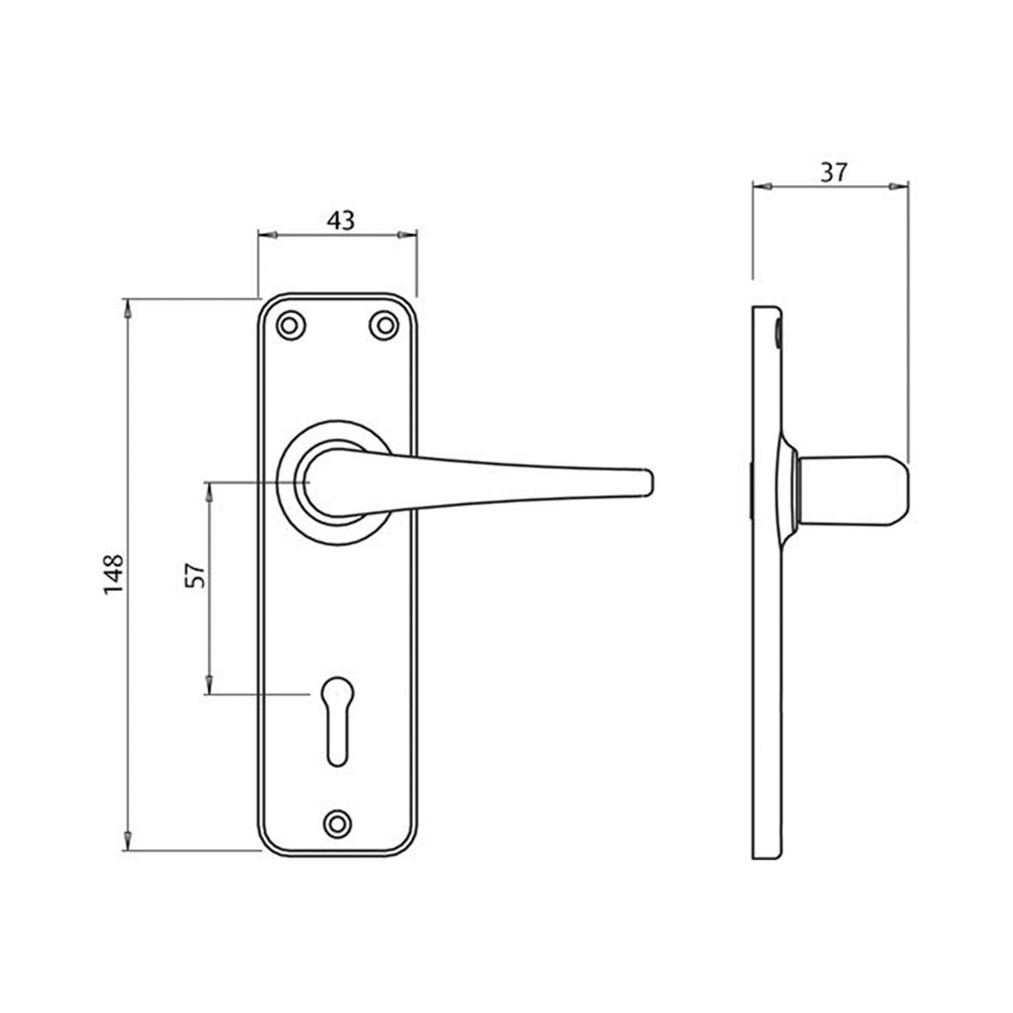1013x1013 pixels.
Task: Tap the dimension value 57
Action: tap(195, 576)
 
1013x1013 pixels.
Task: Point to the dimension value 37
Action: tap(833, 172)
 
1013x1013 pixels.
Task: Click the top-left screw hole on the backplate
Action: tap(290, 325)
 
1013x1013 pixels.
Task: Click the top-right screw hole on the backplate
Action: tap(384, 325)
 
